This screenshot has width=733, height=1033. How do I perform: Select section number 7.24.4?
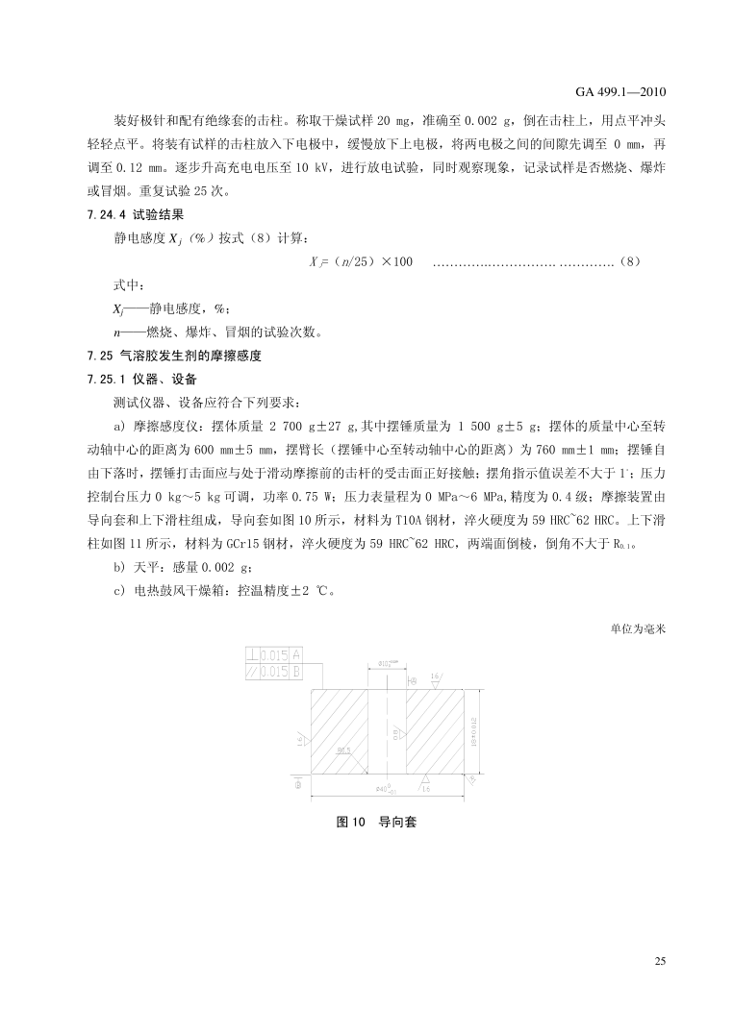coord(85,215)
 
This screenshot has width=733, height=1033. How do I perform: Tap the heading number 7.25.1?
coord(85,379)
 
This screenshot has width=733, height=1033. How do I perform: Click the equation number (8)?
coord(628,261)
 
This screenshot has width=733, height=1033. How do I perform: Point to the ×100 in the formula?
coord(392,261)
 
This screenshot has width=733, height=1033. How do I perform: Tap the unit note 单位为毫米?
coord(639,630)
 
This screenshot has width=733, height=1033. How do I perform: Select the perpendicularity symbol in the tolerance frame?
coord(253,655)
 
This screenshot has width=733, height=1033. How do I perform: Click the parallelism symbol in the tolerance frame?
coord(253,672)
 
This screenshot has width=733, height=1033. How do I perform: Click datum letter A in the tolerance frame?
coord(296,655)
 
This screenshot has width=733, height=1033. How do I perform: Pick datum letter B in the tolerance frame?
coord(296,672)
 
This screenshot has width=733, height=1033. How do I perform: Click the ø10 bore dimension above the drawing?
coord(385,663)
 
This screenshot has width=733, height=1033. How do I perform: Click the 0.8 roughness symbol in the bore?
coord(396,734)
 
